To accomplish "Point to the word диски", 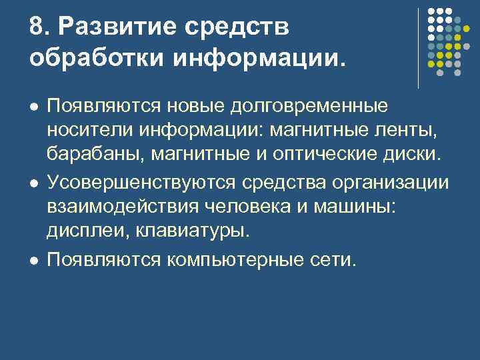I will (415, 155).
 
